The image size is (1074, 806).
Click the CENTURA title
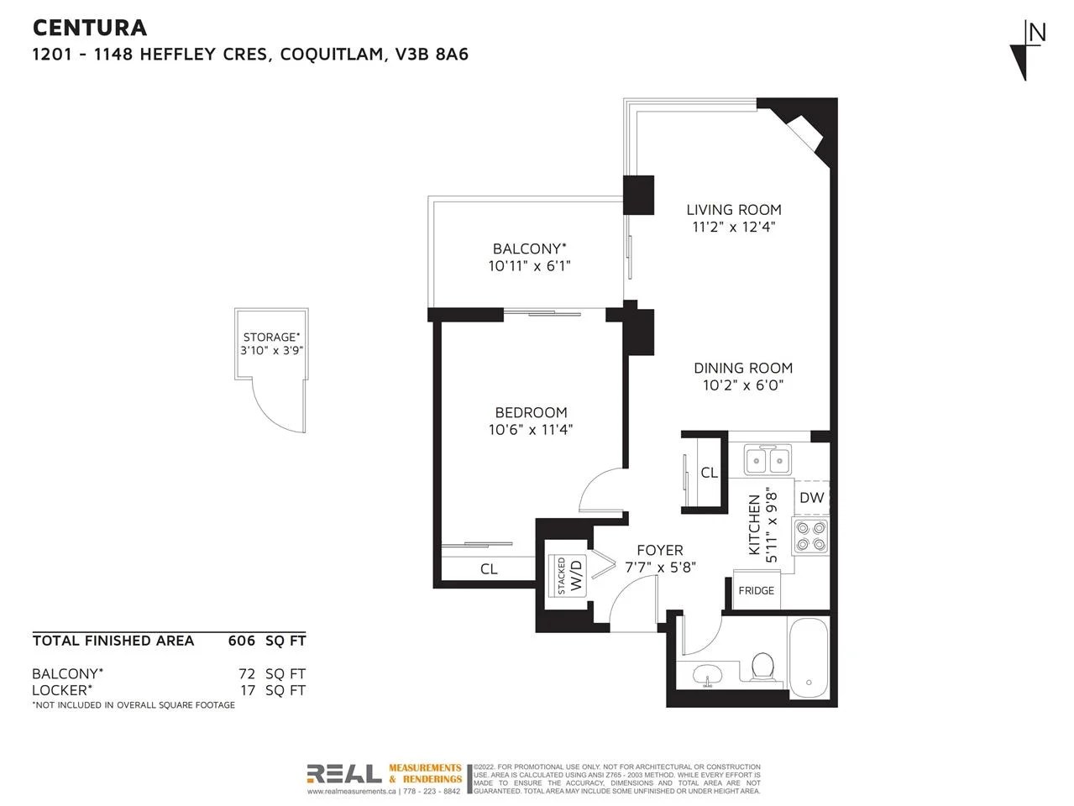coord(90,28)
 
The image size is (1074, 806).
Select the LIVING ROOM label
coord(733,210)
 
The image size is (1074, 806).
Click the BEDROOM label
coord(531,412)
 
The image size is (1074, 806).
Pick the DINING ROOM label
coord(742,368)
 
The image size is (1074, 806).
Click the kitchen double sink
coord(768,460)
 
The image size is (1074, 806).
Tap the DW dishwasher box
coord(811,498)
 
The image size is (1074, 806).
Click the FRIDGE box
coord(756,590)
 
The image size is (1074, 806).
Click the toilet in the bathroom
coord(762,667)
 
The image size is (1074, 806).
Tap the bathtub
coord(809,656)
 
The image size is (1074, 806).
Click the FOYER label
coord(659,550)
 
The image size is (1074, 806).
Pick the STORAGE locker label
coord(270,337)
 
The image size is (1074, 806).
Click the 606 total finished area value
coord(241,641)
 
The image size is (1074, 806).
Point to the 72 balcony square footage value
coord(249,673)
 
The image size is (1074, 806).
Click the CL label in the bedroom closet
coord(489,569)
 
